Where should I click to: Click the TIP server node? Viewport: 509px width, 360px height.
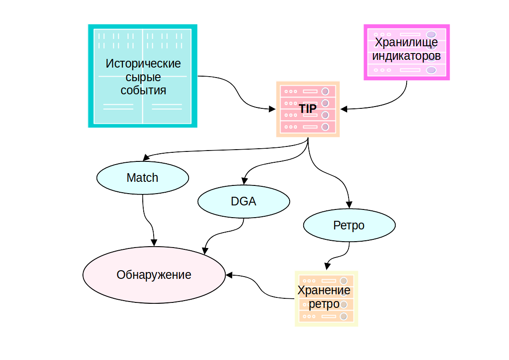pos(308,109)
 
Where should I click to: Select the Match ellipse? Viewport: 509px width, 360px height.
pos(142,178)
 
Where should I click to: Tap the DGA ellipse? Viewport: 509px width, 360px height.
pos(243,201)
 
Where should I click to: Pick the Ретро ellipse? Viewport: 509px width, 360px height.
pos(349,225)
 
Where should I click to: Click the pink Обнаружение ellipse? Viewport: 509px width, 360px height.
pos(154,275)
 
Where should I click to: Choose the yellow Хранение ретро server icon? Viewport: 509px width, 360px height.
pos(326,298)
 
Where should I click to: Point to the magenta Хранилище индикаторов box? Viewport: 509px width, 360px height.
pos(407,53)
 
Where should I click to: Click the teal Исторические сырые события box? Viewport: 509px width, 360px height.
pos(143,76)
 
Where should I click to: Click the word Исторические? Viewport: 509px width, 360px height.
pos(143,63)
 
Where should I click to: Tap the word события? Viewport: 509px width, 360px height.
pos(143,90)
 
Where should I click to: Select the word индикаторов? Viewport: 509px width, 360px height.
pos(406,56)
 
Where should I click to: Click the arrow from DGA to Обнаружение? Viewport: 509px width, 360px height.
pos(222,233)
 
